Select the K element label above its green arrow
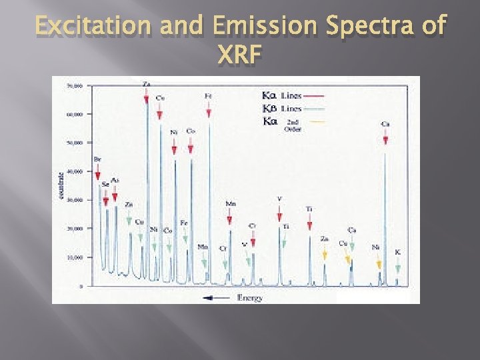(398, 252)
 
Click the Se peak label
(105, 184)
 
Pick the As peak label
(115, 180)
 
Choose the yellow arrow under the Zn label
(324, 253)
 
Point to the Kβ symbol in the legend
(271, 109)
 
